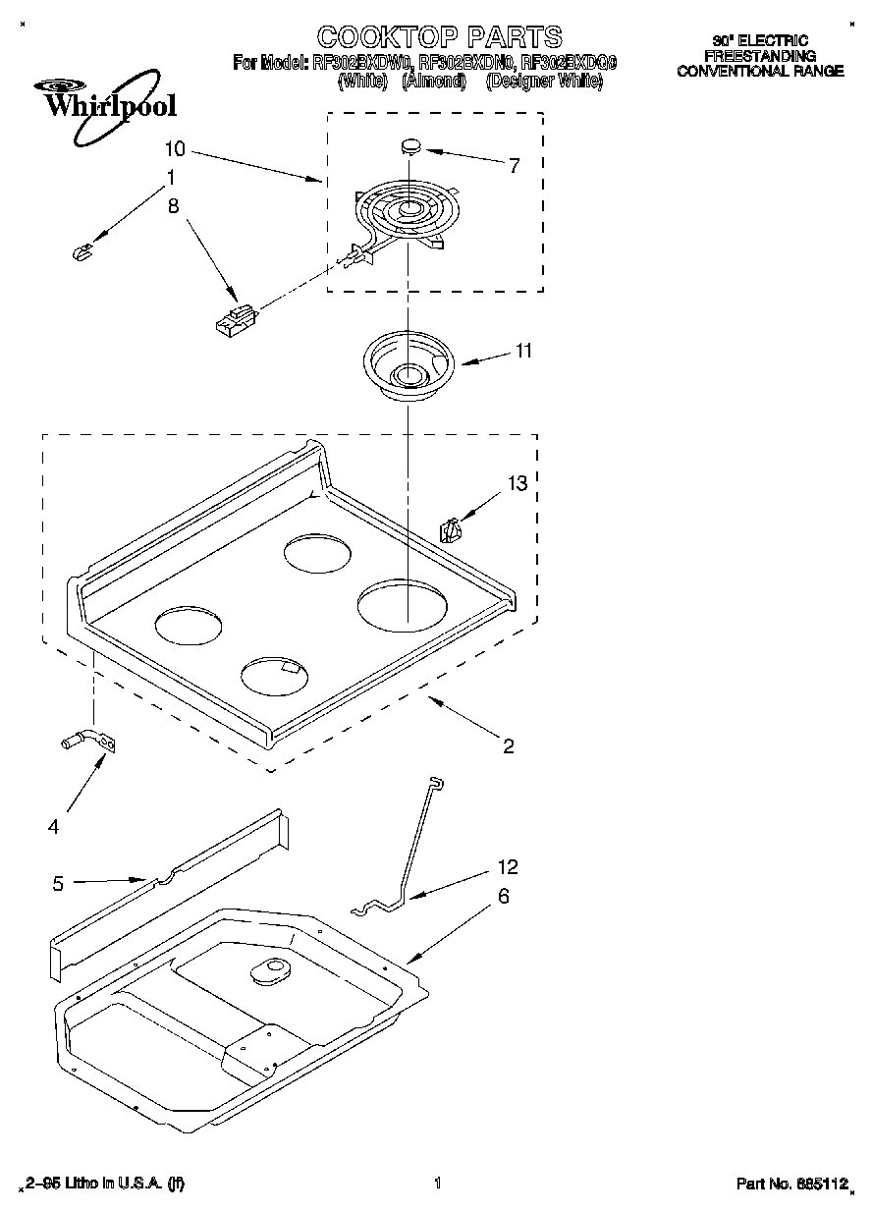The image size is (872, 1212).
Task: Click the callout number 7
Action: pos(515,164)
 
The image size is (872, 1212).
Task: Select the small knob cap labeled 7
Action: pos(410,146)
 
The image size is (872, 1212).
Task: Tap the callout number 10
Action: pos(175,149)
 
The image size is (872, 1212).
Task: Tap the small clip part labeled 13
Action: pos(451,529)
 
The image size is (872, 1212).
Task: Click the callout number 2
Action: pos(508,745)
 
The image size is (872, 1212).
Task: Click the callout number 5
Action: pos(58,883)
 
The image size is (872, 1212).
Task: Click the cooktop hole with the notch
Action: pos(276,675)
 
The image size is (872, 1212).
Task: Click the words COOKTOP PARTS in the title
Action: pos(438,37)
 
